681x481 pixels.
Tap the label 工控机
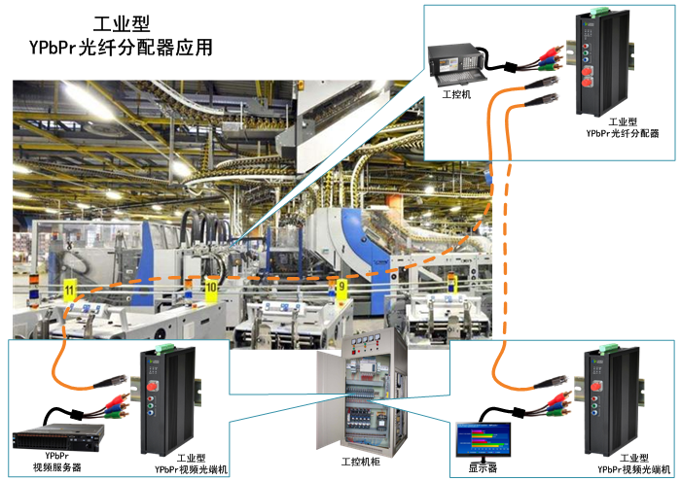click(456, 95)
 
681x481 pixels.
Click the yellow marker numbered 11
click(68, 290)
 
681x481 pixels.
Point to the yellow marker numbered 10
click(211, 288)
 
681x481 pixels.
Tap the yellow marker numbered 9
click(340, 287)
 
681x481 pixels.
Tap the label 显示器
click(483, 466)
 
